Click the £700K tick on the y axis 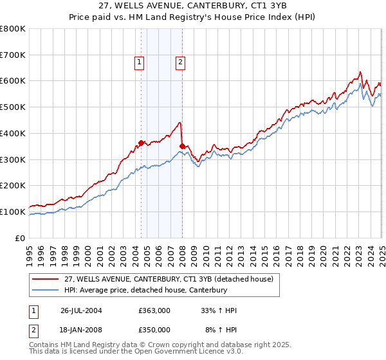[14, 55]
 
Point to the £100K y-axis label [14, 212]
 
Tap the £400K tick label [14, 133]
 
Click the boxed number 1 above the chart [139, 62]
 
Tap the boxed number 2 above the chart [180, 62]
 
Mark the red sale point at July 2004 [142, 143]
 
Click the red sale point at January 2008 [182, 147]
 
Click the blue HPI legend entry [146, 290]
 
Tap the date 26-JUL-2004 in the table [81, 310]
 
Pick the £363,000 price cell [154, 310]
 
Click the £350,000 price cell [154, 329]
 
